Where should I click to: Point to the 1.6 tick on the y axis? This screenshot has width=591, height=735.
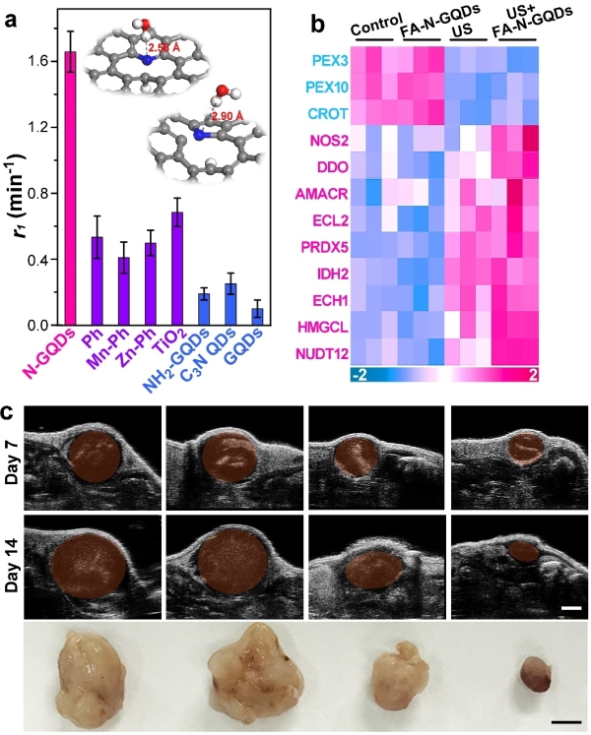(40, 60)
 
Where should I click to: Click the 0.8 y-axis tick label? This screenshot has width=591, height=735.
(40, 193)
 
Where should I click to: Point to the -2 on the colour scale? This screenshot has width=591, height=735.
(361, 377)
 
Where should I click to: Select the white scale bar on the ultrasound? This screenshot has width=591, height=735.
(569, 611)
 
